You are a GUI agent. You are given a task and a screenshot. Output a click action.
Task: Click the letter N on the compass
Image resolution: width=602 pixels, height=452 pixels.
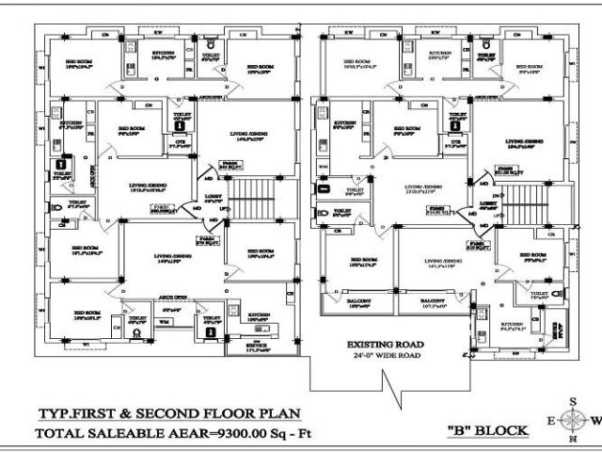572,440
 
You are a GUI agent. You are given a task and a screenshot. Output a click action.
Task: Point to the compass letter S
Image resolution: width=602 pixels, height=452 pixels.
572,401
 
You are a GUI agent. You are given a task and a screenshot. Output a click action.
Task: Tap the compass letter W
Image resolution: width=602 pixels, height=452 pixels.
593,420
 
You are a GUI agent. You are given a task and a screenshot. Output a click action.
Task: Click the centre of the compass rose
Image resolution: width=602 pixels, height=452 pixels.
572,420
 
